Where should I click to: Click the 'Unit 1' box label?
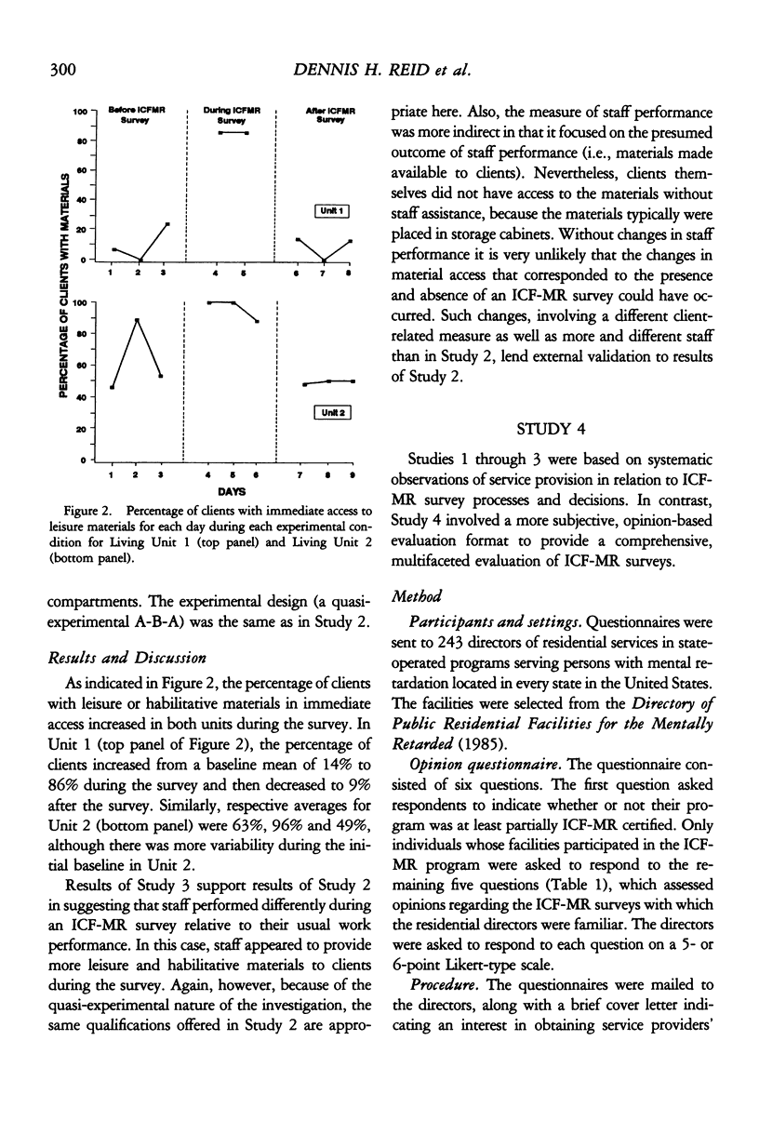[332, 211]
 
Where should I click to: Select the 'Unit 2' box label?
[332, 413]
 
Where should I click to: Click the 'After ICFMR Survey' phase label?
[326, 114]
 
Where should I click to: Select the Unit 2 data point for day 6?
[257, 322]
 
